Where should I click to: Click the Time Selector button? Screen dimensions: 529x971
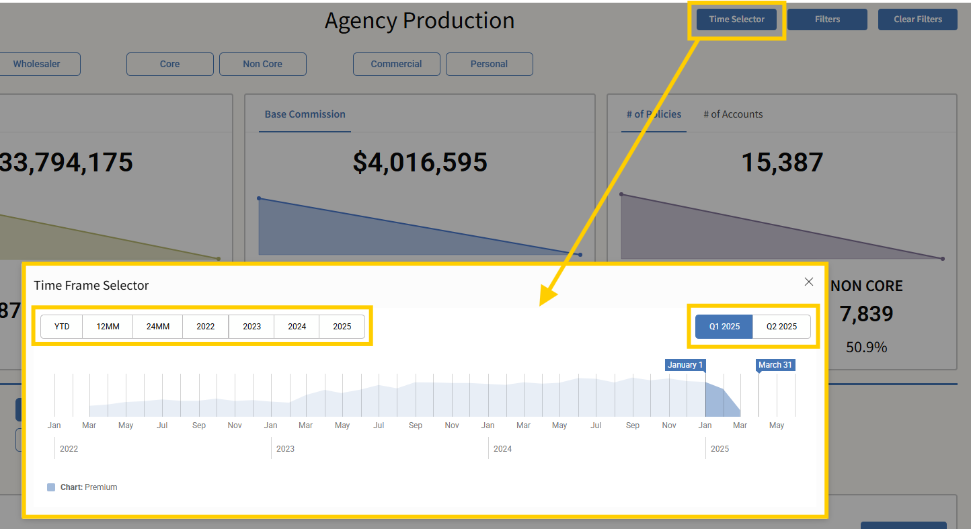(736, 19)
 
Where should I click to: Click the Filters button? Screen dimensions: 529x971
(827, 19)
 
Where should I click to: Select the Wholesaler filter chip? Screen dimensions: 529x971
(37, 64)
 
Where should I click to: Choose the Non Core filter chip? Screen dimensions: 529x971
(262, 64)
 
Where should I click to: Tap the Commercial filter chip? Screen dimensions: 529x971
(396, 64)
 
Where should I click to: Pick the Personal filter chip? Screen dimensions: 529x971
(489, 64)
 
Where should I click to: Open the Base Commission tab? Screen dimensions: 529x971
(305, 114)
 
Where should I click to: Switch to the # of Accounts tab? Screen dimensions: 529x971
(733, 114)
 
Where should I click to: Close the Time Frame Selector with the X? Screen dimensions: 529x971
(809, 282)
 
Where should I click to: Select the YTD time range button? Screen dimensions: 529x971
(62, 327)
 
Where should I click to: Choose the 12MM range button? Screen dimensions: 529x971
(108, 327)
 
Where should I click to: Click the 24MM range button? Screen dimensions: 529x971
(158, 327)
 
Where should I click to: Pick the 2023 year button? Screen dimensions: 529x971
(251, 327)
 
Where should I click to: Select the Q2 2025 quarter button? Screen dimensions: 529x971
(781, 327)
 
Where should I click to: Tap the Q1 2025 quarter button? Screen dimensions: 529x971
(724, 327)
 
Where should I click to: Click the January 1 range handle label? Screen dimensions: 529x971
(685, 365)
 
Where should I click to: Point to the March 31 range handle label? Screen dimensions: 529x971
(775, 365)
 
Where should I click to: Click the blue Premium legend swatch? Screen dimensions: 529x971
(51, 487)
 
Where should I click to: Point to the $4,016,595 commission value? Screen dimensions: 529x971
(420, 163)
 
